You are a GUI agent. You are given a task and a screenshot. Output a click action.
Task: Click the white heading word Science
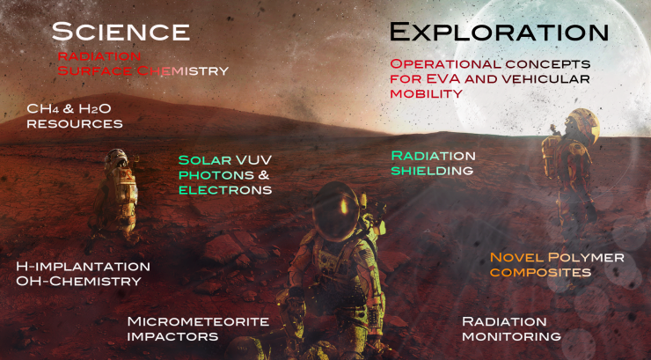(121, 32)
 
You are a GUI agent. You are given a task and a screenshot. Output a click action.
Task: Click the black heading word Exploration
(499, 32)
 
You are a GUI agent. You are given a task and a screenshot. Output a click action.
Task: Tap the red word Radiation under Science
(99, 56)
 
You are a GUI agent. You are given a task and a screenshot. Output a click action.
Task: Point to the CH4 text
(43, 109)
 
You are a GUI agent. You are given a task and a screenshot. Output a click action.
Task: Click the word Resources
(75, 124)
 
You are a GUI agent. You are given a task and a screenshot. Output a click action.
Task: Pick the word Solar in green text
(205, 160)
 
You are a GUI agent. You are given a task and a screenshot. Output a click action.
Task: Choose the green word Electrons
(225, 190)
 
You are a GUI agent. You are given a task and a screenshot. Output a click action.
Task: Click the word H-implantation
(83, 266)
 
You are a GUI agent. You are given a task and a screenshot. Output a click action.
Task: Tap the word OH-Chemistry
(79, 281)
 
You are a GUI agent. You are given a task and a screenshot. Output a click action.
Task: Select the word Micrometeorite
(198, 321)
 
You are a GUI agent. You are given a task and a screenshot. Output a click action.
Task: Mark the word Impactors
(172, 336)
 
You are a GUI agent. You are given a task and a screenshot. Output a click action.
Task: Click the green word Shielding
(432, 171)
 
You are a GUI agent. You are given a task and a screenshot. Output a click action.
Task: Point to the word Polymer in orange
(586, 257)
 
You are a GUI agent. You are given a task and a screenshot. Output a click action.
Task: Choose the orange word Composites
(540, 272)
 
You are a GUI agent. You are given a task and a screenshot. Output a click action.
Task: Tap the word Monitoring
(511, 336)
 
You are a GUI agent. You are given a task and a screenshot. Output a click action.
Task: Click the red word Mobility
(426, 94)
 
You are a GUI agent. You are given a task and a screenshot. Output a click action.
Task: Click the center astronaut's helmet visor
(335, 212)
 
